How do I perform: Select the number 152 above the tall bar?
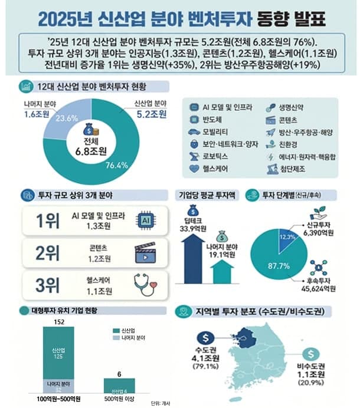point(58,321)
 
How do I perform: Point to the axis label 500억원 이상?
point(120,401)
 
